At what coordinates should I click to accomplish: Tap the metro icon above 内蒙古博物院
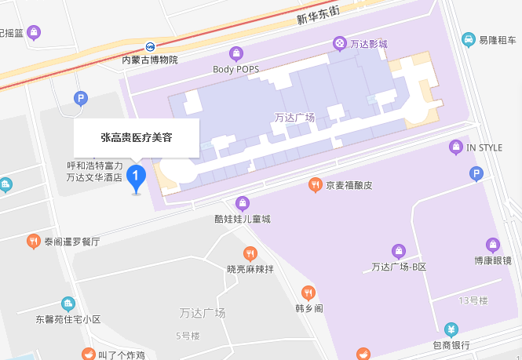click(x=150, y=45)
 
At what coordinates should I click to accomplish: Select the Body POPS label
click(x=235, y=69)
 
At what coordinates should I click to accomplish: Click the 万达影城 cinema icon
click(x=339, y=43)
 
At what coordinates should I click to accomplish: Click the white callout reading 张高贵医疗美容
click(x=137, y=137)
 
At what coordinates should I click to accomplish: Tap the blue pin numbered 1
click(x=137, y=176)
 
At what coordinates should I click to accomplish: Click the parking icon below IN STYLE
click(x=475, y=174)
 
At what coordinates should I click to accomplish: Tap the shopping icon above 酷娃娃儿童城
click(x=243, y=204)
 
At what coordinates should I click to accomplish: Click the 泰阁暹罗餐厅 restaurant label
click(x=72, y=242)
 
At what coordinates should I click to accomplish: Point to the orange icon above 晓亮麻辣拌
click(x=250, y=253)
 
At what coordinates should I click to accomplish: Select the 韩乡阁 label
click(x=308, y=307)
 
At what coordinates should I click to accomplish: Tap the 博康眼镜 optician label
click(x=492, y=260)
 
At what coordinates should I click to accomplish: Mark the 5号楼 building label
click(x=188, y=336)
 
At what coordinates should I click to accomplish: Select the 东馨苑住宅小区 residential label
click(x=68, y=319)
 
